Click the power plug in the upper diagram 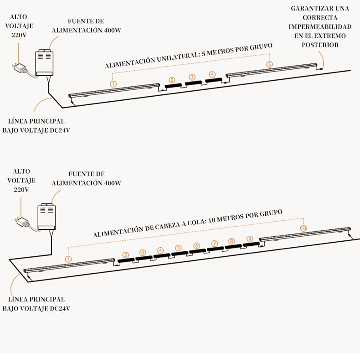(x=21, y=69)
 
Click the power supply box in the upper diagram (x=45, y=63)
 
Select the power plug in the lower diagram (x=21, y=223)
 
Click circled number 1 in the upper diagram (x=113, y=84)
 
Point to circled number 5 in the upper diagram (x=269, y=65)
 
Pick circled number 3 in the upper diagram (x=192, y=77)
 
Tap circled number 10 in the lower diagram (x=303, y=228)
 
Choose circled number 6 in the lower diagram (x=196, y=246)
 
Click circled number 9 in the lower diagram (x=249, y=239)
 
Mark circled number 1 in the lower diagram (x=68, y=259)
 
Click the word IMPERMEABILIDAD (x=320, y=26)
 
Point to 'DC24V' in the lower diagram (x=60, y=309)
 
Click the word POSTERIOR (x=320, y=45)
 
